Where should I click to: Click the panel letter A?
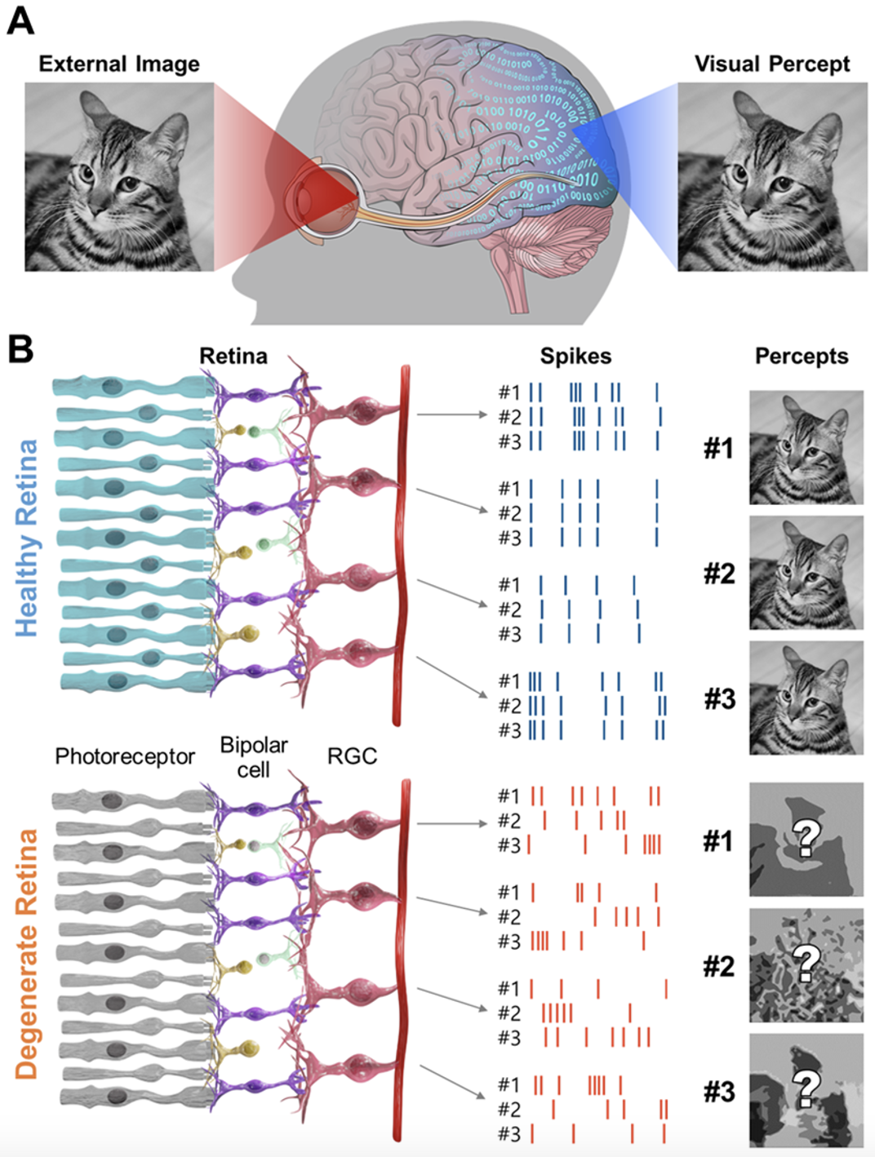20,20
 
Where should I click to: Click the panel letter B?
20,349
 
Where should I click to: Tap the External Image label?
119,64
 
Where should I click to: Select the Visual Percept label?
771,64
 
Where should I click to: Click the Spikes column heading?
575,356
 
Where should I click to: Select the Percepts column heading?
801,356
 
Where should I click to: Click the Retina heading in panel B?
233,356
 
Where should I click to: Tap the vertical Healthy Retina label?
26,539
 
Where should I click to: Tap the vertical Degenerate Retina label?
26,955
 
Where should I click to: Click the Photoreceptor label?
125,756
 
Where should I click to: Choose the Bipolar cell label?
254,757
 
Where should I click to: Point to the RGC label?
352,756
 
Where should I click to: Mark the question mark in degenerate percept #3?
806,1088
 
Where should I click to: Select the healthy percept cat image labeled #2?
806,573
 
